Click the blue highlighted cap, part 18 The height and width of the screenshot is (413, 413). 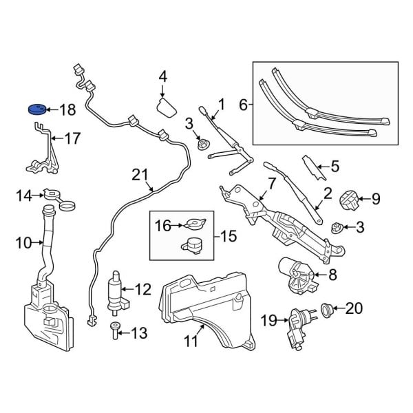36,109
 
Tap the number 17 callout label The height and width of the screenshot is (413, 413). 72,139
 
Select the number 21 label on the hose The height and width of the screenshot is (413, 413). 140,176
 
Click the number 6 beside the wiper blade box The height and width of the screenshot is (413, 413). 242,105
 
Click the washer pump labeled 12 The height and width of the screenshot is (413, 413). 117,290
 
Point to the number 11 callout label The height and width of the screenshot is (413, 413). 189,339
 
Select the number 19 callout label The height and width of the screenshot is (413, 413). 269,319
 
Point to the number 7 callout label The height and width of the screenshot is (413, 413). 271,183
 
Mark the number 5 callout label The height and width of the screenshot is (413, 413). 335,165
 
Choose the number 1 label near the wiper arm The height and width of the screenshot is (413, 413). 222,105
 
